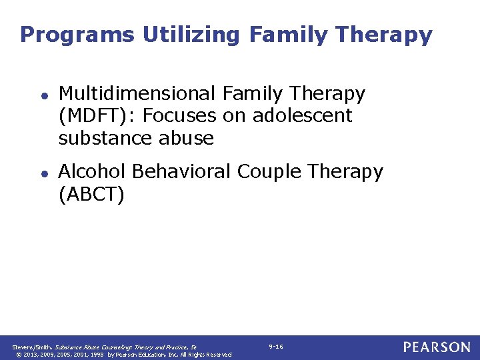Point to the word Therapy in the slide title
[386, 35]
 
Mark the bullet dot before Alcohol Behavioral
[41, 173]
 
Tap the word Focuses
[179, 116]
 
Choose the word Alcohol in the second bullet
[92, 171]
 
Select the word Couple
[270, 171]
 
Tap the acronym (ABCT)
[91, 194]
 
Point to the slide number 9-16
[275, 347]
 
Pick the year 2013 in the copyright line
[30, 355]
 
